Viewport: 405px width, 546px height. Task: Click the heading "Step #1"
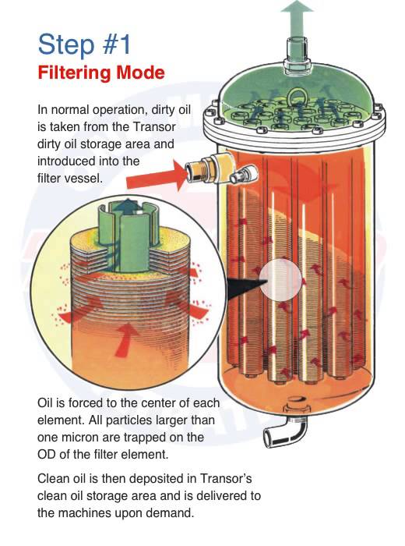coord(84,44)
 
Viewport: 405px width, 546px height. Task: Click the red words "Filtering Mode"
coord(101,73)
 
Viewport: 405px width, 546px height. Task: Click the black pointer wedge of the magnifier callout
coord(245,285)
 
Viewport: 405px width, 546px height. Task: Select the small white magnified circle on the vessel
coord(280,279)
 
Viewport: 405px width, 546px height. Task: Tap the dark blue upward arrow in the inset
coord(129,207)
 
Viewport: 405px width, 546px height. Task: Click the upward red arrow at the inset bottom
coord(125,340)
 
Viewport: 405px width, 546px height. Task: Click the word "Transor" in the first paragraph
coord(154,126)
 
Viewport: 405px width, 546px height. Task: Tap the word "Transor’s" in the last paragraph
coord(226,478)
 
